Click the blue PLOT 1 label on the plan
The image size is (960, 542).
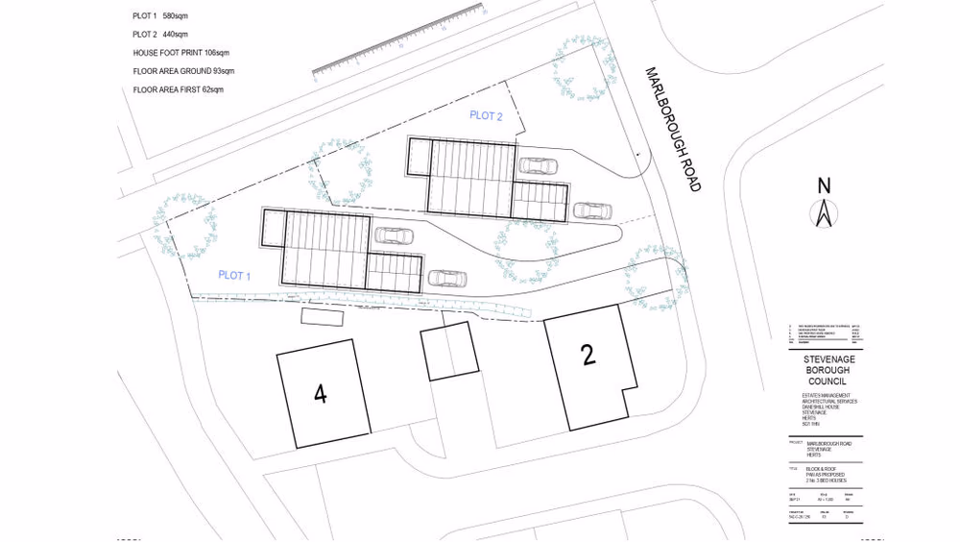pyautogui.click(x=234, y=276)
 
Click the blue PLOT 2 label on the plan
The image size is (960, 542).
pyautogui.click(x=486, y=116)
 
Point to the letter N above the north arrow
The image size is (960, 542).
pyautogui.click(x=824, y=185)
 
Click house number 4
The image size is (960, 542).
pyautogui.click(x=321, y=393)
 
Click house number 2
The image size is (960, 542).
pyautogui.click(x=588, y=355)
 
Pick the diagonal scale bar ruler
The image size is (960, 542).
pyautogui.click(x=397, y=41)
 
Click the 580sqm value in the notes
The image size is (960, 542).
pyautogui.click(x=174, y=16)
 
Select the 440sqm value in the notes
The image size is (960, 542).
pyautogui.click(x=174, y=34)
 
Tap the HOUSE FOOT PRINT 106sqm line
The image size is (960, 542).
pyautogui.click(x=181, y=53)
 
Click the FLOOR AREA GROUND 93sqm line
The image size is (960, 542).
pyautogui.click(x=183, y=71)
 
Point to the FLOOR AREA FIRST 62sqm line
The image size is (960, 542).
pyautogui.click(x=179, y=89)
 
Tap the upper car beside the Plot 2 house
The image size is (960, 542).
pyautogui.click(x=538, y=165)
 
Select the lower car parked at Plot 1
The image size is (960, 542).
pyautogui.click(x=446, y=278)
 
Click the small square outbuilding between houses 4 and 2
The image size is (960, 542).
pyautogui.click(x=449, y=351)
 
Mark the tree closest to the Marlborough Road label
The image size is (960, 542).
pyautogui.click(x=582, y=67)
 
